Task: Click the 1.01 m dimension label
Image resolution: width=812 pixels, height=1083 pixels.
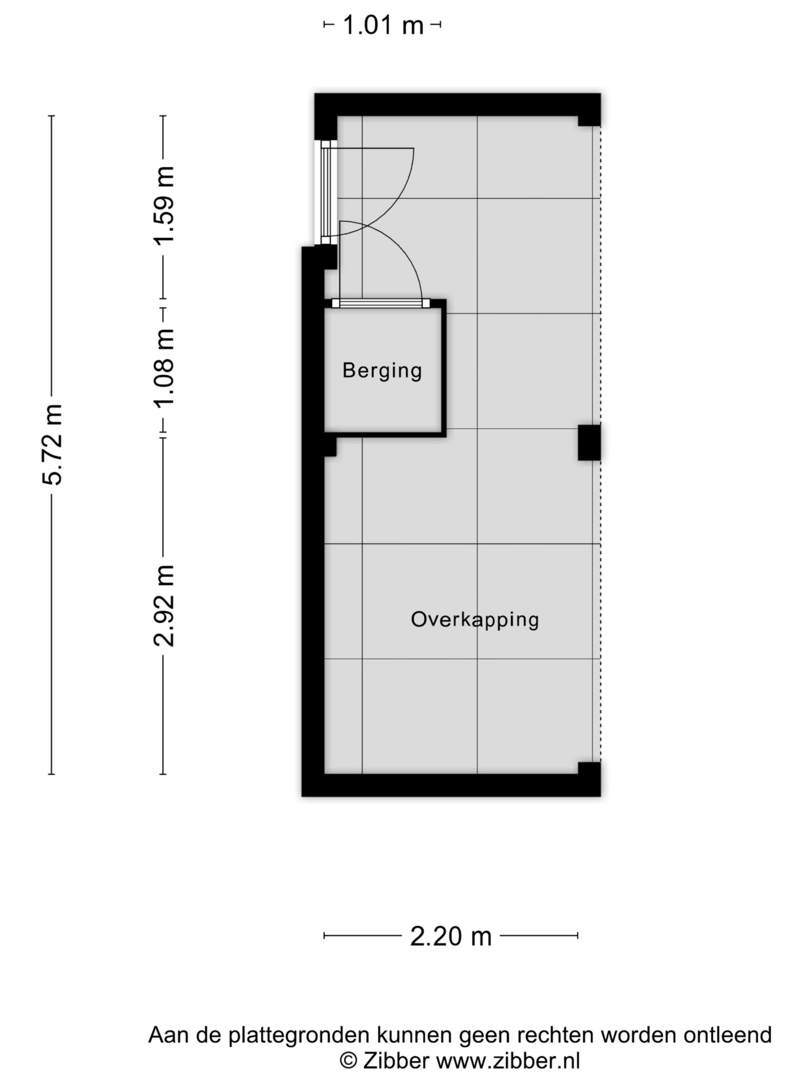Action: coord(383,25)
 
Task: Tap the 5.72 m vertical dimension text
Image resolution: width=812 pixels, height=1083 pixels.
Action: coord(52,445)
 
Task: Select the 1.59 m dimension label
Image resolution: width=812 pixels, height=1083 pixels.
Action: coord(164,205)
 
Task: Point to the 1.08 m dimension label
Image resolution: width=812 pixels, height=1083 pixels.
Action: coord(164,367)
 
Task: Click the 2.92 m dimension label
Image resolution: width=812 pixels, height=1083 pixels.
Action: coord(164,606)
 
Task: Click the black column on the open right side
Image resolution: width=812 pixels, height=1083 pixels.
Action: coord(589,443)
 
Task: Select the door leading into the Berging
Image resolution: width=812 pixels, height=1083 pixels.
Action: coord(381,304)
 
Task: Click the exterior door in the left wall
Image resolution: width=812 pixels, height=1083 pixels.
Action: coord(326,192)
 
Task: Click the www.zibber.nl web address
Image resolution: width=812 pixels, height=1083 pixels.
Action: coord(508,1061)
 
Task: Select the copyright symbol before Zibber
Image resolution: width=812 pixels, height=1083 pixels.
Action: coord(348,1061)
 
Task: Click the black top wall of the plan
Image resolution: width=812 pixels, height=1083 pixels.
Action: coord(457,105)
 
